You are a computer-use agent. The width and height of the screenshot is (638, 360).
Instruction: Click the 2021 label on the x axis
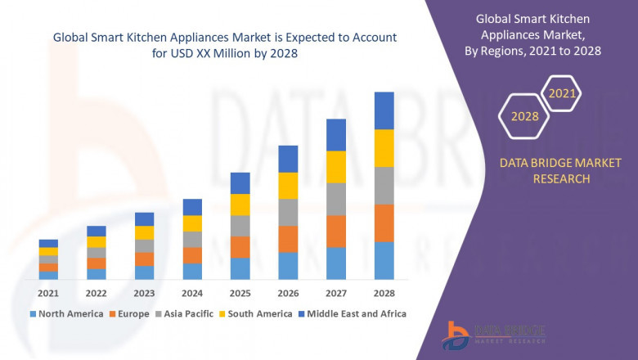(48, 293)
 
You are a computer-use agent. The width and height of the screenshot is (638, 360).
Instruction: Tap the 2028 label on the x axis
(384, 293)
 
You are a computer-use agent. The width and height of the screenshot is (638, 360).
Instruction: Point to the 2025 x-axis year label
(240, 293)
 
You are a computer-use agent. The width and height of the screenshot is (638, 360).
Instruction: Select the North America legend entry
(66, 313)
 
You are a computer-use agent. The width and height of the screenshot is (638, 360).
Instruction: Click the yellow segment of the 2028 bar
(384, 148)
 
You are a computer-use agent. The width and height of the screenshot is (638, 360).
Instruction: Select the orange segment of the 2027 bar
(336, 232)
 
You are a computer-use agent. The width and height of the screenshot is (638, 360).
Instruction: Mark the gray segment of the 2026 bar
(288, 213)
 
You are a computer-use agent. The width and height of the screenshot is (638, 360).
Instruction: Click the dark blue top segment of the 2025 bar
(240, 183)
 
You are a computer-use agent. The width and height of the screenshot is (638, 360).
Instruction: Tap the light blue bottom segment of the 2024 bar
(192, 272)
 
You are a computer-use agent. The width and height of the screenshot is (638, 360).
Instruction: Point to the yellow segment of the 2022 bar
(97, 242)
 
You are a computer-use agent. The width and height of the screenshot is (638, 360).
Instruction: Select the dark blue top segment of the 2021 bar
(48, 244)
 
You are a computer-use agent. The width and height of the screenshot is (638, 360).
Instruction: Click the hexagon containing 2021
(562, 93)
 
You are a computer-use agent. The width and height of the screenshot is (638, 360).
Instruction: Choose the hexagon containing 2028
(525, 116)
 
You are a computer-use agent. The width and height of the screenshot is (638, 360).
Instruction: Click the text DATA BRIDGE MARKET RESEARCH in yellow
(549, 171)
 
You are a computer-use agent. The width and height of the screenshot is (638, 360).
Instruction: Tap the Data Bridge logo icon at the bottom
(455, 335)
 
